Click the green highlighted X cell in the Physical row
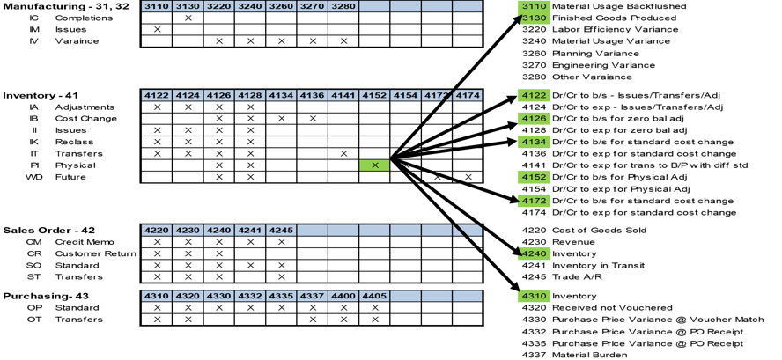coord(375,165)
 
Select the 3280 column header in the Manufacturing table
coord(343,6)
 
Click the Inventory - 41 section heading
coord(40,94)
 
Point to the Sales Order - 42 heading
coord(44,229)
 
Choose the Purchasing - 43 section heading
coord(43,296)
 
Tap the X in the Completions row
coord(188,18)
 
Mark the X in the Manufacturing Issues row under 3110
coord(157,30)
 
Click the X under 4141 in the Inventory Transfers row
coord(343,153)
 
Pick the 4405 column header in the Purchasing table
coord(374,296)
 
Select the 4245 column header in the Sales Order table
coord(281,229)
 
